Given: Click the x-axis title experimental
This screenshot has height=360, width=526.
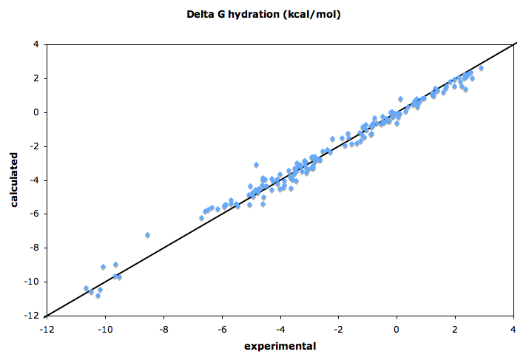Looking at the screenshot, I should pos(281,346).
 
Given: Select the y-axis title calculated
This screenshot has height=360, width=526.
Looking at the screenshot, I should pos(14,180).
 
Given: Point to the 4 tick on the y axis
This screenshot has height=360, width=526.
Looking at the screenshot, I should pos(35,44).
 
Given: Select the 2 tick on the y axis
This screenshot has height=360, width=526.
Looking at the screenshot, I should pos(35,78).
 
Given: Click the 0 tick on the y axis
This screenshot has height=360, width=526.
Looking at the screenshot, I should pos(35,112).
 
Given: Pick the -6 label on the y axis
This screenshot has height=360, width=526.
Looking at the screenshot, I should pos(33,214).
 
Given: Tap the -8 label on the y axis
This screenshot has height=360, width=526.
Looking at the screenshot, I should pos(33,248).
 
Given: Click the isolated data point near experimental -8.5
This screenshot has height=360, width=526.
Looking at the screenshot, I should pos(147,235).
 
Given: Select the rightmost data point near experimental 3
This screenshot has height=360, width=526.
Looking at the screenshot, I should pos(481,68).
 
